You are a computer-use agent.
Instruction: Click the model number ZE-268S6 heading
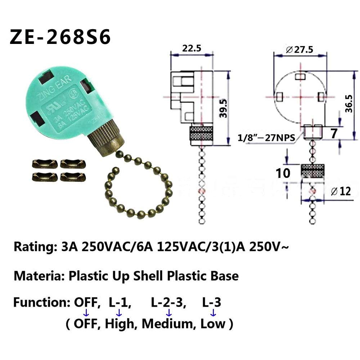click(60, 37)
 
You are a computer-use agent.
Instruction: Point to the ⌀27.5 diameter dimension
click(300, 50)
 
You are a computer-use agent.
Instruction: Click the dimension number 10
click(283, 173)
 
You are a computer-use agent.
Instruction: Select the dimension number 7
click(334, 134)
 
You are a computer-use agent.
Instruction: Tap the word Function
click(40, 302)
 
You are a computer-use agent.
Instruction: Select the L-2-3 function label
click(168, 303)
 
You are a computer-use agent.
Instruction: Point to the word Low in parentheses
click(213, 324)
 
